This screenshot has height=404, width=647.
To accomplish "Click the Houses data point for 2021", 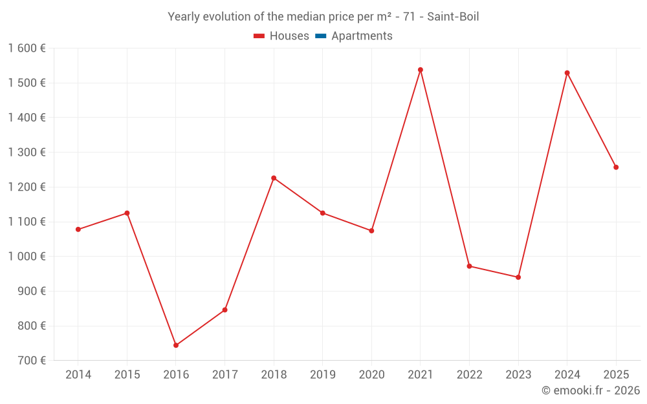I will [421, 70].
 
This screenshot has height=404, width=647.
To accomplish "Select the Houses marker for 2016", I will [176, 345].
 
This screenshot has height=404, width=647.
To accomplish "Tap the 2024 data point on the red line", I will [567, 73].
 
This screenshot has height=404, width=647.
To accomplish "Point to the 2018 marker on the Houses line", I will [274, 178].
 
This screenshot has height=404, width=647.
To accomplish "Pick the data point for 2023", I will [518, 277].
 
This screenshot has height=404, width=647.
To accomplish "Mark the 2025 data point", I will [616, 167].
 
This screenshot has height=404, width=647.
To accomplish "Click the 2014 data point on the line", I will [78, 229].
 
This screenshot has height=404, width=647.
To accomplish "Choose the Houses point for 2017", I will [225, 310].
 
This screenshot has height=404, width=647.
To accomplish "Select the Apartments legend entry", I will [362, 36].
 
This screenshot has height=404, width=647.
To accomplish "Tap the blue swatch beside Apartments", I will [320, 36].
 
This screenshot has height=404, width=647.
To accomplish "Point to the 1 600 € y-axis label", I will [27, 48].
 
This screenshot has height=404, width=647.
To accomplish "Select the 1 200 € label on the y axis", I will [27, 187].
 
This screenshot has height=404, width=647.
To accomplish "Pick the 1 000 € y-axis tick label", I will [27, 257].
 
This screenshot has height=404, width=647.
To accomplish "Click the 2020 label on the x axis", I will [371, 375].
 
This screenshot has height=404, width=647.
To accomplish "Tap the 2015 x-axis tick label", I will [127, 375].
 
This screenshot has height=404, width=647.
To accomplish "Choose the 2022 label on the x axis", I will [469, 375].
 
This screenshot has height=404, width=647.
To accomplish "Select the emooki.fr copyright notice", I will [591, 390].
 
